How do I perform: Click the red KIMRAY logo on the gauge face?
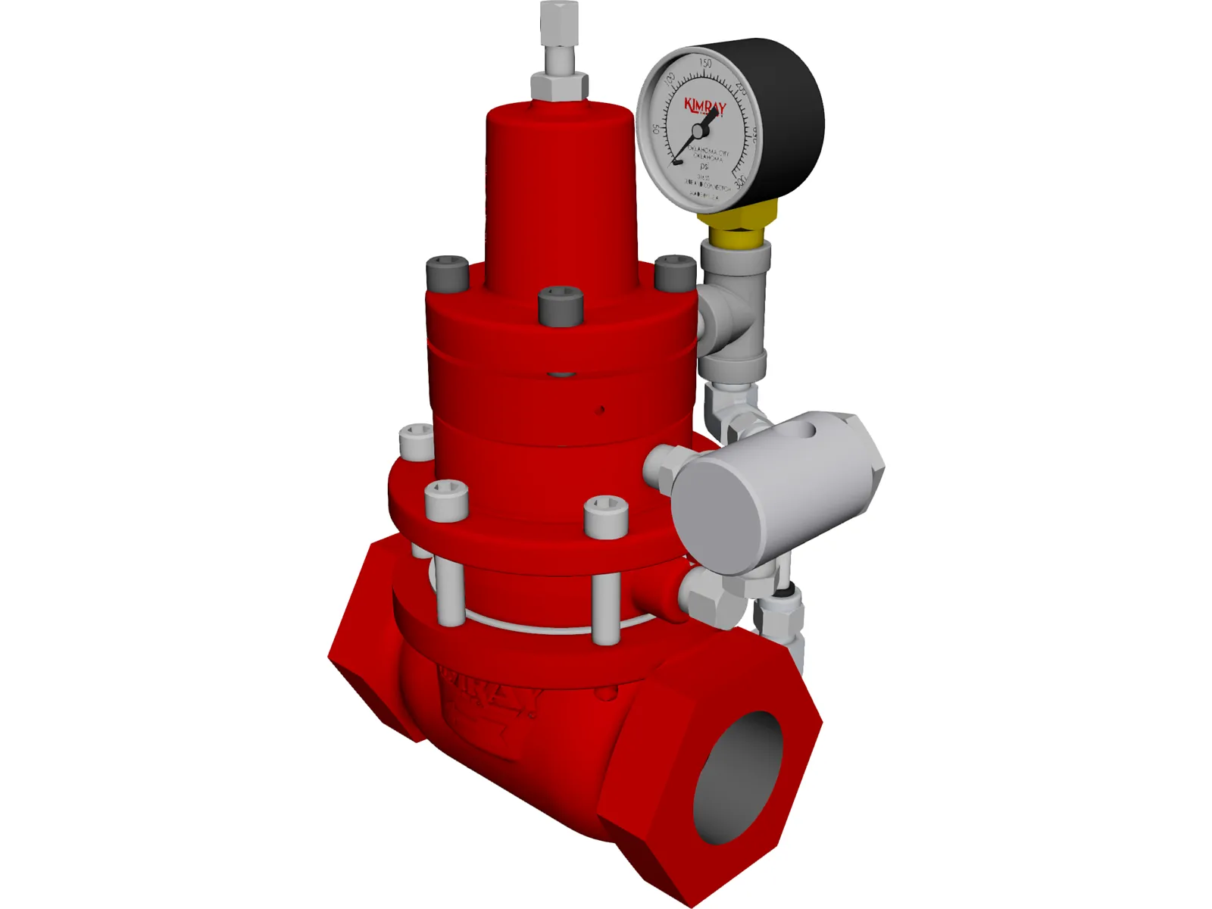(x=704, y=105)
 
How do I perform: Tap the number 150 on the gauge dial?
(x=705, y=64)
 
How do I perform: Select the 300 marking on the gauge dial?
(x=740, y=179)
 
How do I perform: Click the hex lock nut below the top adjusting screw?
(x=559, y=85)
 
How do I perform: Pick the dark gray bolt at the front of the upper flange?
(x=561, y=305)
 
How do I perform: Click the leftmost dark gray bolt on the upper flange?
(x=448, y=274)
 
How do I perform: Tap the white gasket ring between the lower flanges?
(x=530, y=626)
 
